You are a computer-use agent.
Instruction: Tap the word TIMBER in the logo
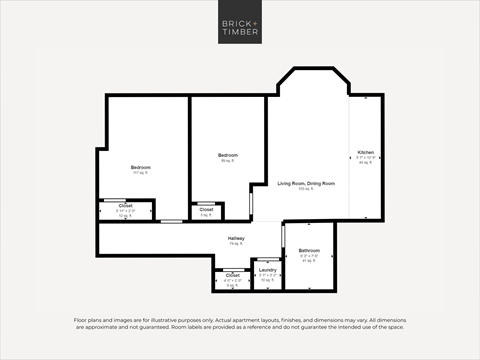[239, 32]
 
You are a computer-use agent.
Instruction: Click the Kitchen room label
[365, 153]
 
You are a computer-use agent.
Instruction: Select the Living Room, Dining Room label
[305, 184]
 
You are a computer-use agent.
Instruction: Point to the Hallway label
[236, 238]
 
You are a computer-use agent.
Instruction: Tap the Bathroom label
[309, 250]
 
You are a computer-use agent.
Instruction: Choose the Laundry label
[267, 270]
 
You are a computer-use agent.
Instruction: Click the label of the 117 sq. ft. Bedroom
[140, 166]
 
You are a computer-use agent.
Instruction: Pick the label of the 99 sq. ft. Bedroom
[227, 156]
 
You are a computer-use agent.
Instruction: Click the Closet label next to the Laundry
[232, 274]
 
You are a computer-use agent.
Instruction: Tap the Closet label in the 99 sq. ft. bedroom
[206, 209]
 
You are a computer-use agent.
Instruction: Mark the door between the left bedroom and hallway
[172, 221]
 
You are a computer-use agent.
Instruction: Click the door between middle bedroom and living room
[251, 204]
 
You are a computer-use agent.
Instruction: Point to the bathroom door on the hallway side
[284, 237]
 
